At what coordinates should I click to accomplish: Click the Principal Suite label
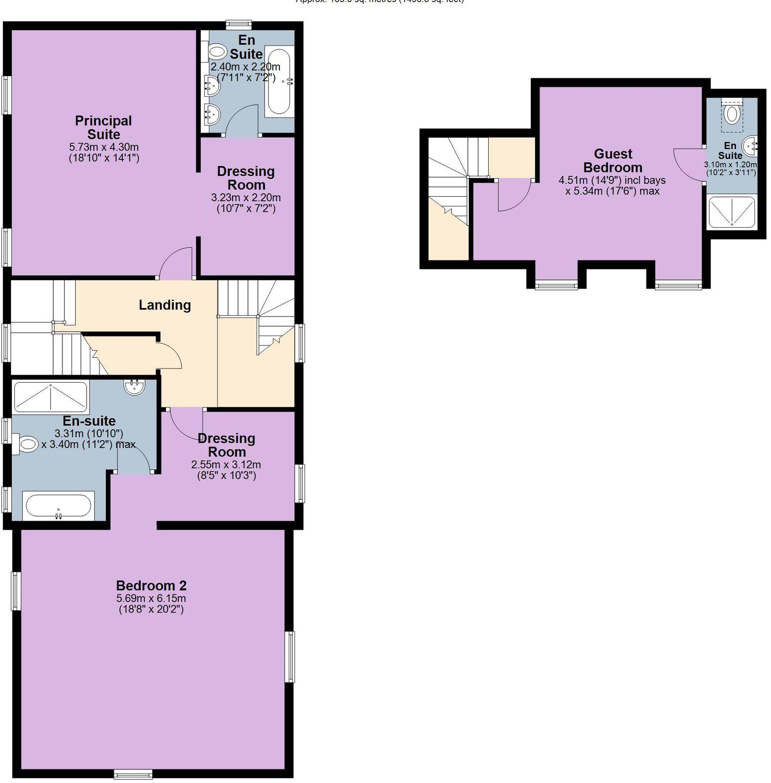pyautogui.click(x=103, y=128)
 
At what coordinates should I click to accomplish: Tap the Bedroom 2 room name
pyautogui.click(x=151, y=585)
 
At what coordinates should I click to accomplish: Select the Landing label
pyautogui.click(x=165, y=305)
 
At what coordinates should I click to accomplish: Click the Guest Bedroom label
pyautogui.click(x=612, y=160)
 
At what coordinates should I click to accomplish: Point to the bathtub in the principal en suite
pyautogui.click(x=279, y=81)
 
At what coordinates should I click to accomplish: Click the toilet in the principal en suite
pyautogui.click(x=216, y=51)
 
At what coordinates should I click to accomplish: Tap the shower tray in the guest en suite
pyautogui.click(x=732, y=212)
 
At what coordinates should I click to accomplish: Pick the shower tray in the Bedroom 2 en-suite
pyautogui.click(x=50, y=396)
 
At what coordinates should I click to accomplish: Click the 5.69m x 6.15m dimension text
pyautogui.click(x=151, y=599)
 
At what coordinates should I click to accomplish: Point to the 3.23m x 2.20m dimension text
pyautogui.click(x=246, y=198)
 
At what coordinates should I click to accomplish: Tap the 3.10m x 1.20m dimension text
pyautogui.click(x=730, y=165)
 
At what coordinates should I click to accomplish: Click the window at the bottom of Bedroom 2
pyautogui.click(x=133, y=774)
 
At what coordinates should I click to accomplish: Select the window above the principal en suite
pyautogui.click(x=239, y=24)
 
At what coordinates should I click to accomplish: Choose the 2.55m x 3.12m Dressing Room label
pyautogui.click(x=227, y=445)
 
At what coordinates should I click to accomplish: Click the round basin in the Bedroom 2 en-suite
pyautogui.click(x=134, y=387)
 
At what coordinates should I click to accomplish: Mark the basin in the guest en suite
pyautogui.click(x=749, y=147)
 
